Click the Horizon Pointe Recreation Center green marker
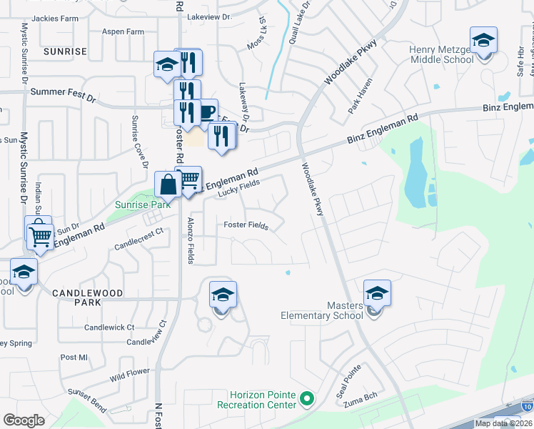[308, 398]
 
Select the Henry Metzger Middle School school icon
[483, 41]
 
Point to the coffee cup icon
[206, 112]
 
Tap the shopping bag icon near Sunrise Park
[168, 185]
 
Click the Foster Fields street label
[246, 225]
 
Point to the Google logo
[24, 420]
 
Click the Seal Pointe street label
[349, 382]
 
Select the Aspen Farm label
[123, 32]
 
